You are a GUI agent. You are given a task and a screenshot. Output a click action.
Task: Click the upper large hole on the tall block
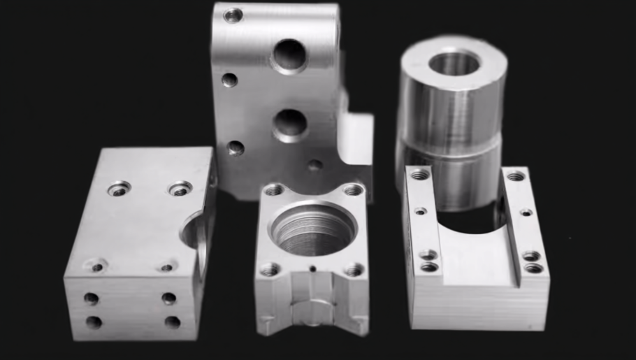point(289,55)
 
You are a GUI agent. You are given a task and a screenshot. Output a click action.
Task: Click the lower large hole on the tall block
point(290,124)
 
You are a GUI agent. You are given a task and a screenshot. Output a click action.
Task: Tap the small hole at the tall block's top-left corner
point(233,15)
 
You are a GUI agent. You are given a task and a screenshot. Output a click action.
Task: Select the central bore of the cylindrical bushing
point(454,64)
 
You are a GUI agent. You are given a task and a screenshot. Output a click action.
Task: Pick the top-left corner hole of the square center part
point(273,189)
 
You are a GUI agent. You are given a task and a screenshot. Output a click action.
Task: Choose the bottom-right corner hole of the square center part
point(354,269)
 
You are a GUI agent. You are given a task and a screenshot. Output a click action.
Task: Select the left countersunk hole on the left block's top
point(119,188)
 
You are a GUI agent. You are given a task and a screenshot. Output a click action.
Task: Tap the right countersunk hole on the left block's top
point(180,189)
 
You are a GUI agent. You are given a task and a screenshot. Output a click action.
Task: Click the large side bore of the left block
point(195,234)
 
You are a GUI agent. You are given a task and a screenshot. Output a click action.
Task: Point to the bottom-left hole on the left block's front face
point(94,322)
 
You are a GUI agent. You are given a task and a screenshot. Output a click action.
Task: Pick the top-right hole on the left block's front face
point(169,298)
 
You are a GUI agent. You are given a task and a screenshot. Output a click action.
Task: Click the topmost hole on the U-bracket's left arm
point(419,174)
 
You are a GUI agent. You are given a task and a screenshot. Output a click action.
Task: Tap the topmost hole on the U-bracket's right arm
point(516,176)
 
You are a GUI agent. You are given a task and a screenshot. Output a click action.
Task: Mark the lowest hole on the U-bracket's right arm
point(534,268)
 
